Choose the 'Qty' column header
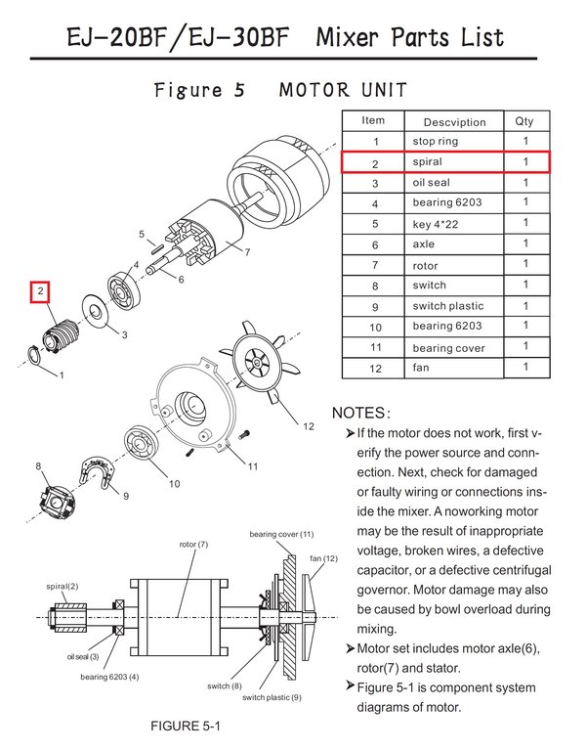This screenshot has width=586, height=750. [x=524, y=121]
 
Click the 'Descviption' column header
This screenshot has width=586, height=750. [x=454, y=122]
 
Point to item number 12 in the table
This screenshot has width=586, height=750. [x=375, y=369]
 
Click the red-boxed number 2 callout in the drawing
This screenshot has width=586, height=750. [x=40, y=292]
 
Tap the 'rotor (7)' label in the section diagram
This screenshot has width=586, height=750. [x=193, y=544]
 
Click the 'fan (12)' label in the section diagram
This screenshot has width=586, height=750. [x=323, y=557]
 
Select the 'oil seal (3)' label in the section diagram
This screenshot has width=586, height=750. [x=83, y=657]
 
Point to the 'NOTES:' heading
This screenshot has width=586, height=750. [x=362, y=413]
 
